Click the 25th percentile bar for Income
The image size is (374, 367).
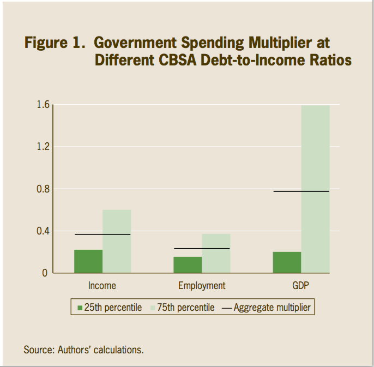pyautogui.click(x=88, y=261)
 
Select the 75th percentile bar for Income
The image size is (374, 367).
pyautogui.click(x=117, y=242)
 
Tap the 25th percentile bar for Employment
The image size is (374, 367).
pyautogui.click(x=188, y=264)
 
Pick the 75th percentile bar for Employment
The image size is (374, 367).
pyautogui.click(x=216, y=254)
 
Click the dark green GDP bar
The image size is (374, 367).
pyautogui.click(x=287, y=262)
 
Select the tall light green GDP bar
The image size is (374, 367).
pyautogui.click(x=316, y=189)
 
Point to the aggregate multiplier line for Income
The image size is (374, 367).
pyautogui.click(x=102, y=234)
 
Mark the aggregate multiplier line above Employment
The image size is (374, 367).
pyautogui.click(x=202, y=249)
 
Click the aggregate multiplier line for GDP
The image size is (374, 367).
pyautogui.click(x=301, y=191)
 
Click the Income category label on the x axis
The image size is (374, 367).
pyautogui.click(x=102, y=286)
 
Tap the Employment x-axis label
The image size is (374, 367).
pyautogui.click(x=202, y=286)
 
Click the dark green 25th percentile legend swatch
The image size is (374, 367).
pyautogui.click(x=80, y=308)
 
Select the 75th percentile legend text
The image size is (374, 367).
pyautogui.click(x=185, y=308)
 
